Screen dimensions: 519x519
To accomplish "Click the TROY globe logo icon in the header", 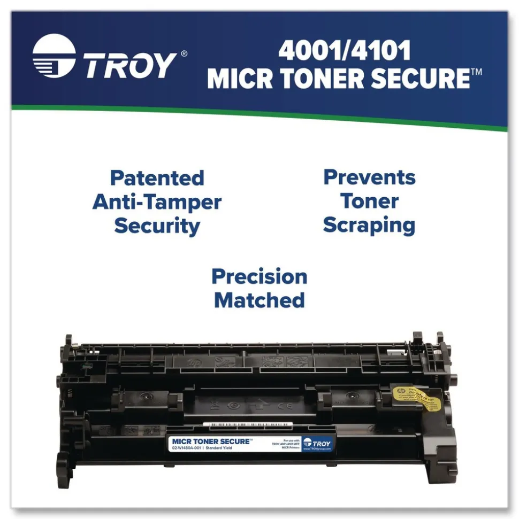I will (x=54, y=56).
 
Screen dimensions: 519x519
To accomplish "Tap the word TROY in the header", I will (x=129, y=65).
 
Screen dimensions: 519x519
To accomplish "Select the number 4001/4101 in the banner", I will (x=344, y=51).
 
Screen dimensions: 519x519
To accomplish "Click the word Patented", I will (x=157, y=178).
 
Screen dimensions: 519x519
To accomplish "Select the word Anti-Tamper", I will (x=157, y=202).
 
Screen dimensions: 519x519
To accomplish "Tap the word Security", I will (x=157, y=226).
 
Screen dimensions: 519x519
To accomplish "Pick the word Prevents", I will (x=369, y=177).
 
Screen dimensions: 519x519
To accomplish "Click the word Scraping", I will (x=369, y=225).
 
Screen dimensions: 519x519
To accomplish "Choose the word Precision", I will (x=259, y=276).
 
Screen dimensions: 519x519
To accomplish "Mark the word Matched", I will (x=259, y=300).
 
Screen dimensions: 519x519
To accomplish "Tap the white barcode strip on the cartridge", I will (x=248, y=424).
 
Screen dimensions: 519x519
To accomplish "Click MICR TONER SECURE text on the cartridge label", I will (x=211, y=441).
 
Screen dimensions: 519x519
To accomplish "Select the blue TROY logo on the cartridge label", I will (x=317, y=444).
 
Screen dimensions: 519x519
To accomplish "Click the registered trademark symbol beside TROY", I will (x=184, y=53).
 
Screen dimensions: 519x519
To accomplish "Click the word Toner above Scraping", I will (x=369, y=202).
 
